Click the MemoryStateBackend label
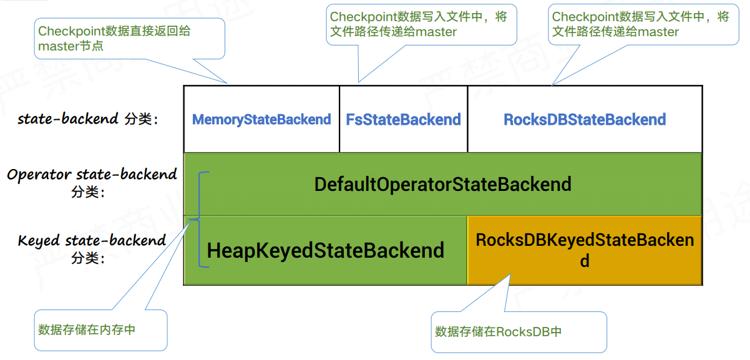(261, 119)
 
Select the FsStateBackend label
(403, 119)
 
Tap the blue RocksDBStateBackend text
(585, 119)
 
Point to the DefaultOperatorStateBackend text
(442, 185)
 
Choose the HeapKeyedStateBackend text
(325, 250)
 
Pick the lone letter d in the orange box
(585, 261)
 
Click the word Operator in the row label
(39, 175)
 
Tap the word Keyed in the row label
(39, 240)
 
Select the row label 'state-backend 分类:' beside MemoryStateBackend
(88, 119)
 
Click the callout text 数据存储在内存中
(87, 329)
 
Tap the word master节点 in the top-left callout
(71, 46)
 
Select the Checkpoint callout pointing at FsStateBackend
(421, 24)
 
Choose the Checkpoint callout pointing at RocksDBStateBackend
(641, 24)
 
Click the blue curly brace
(200, 219)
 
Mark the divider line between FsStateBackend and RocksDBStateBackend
(467, 119)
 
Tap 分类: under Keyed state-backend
(88, 257)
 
